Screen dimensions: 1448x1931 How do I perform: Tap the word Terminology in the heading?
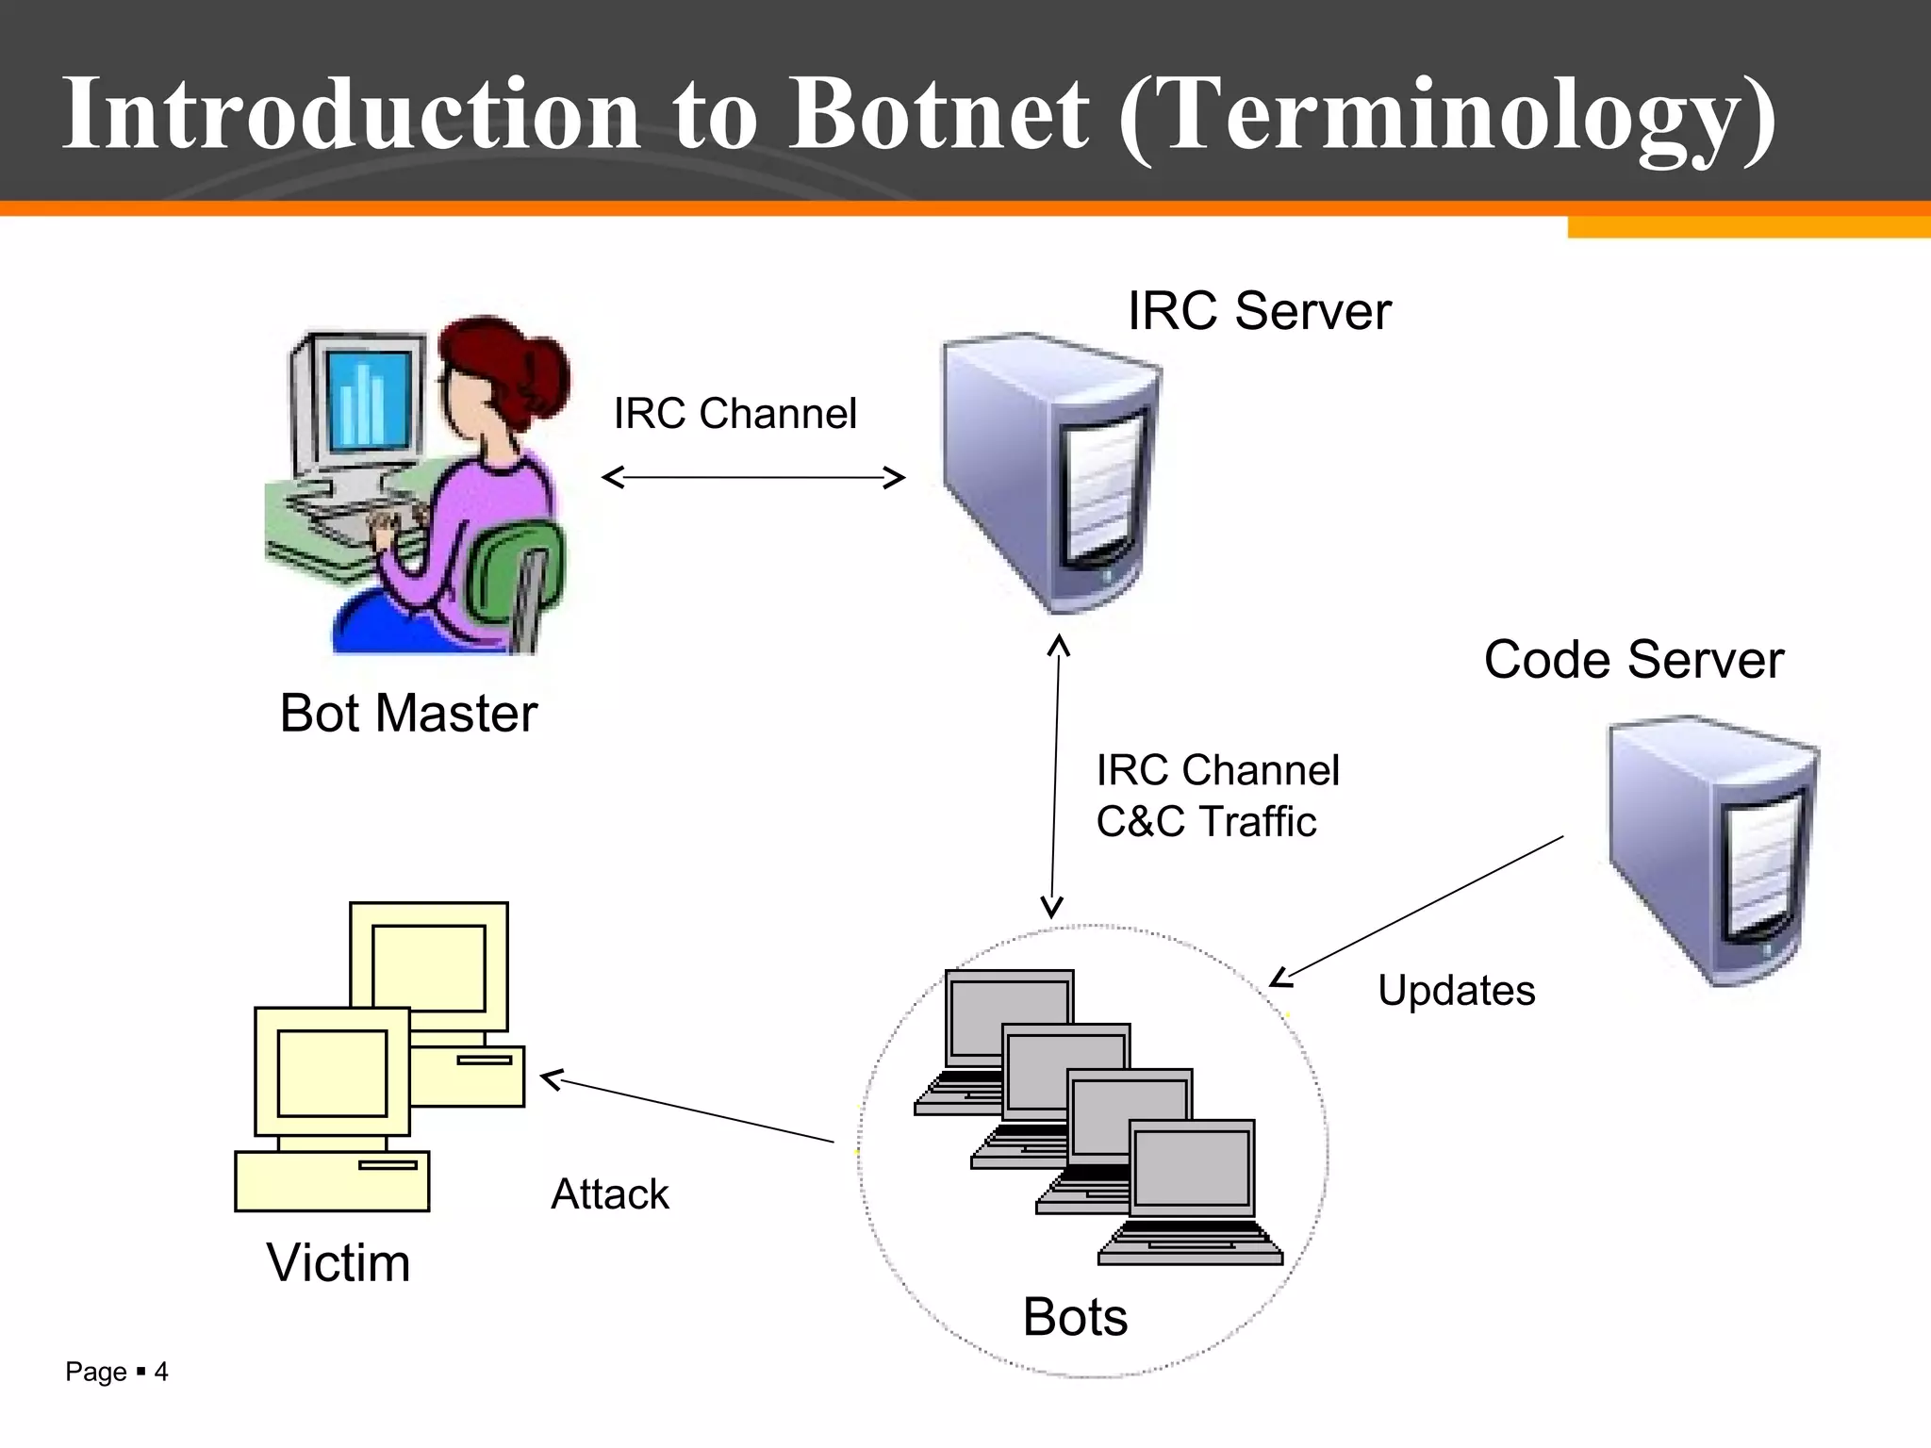[1447, 115]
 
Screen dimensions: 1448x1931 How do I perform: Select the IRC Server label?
[1259, 311]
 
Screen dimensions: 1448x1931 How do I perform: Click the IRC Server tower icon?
[1051, 471]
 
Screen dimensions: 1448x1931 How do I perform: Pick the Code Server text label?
[1633, 659]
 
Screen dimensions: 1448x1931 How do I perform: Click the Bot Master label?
[408, 713]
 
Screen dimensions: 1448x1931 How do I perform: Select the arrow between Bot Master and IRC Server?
[753, 478]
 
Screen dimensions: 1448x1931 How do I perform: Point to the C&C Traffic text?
[1205, 821]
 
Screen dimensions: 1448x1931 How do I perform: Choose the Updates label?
[1456, 991]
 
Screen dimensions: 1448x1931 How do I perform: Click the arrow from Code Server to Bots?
[1414, 910]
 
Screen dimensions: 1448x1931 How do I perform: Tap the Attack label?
[609, 1194]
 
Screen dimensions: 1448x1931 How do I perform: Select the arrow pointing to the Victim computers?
[688, 1111]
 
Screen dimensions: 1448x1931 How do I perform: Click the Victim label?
[338, 1263]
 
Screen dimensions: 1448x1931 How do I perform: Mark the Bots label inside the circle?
[1075, 1317]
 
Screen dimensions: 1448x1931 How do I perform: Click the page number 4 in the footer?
[161, 1372]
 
